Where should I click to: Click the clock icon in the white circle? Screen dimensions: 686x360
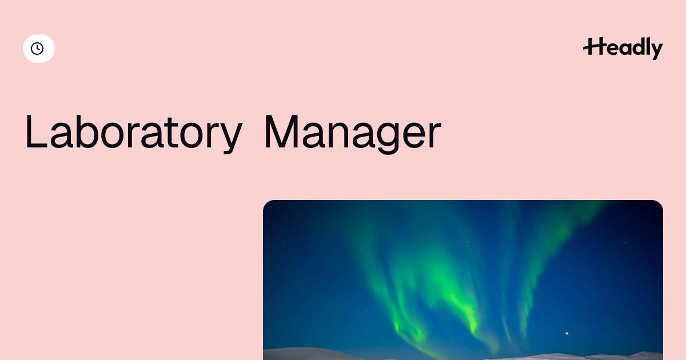point(37,49)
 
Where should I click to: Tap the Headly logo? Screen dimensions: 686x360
point(623,48)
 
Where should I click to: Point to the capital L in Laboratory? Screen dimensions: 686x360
point(36,131)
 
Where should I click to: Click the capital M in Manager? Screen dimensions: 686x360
point(281,131)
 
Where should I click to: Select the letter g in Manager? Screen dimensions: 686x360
point(388,138)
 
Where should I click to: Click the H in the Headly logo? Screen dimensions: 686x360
point(594,46)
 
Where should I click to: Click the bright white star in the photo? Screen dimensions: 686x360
point(567,333)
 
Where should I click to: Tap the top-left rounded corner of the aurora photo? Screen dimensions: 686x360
point(266,203)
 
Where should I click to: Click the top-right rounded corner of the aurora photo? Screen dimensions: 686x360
point(660,203)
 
